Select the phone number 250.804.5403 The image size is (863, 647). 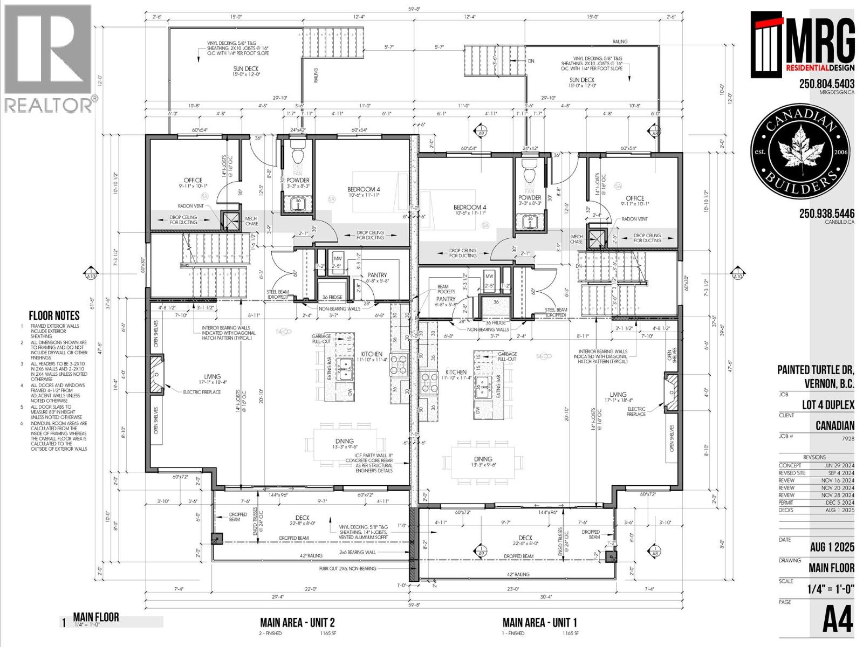click(826, 84)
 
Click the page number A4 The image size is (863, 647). click(838, 621)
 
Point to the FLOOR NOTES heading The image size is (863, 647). click(54, 316)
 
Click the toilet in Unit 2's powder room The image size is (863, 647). click(298, 156)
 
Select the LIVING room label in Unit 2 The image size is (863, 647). click(212, 376)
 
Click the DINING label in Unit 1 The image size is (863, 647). click(483, 459)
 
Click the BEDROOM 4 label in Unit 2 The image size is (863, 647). click(364, 189)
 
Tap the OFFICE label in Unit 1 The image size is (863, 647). click(635, 198)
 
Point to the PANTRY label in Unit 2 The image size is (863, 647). click(377, 275)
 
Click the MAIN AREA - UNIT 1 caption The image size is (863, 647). click(540, 622)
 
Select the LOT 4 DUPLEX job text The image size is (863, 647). click(827, 405)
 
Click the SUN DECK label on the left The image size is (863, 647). click(245, 68)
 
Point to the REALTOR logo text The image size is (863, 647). click(49, 105)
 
